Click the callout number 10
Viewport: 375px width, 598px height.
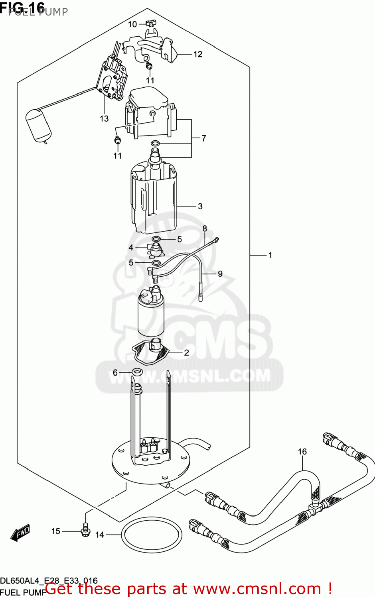[x=132, y=24]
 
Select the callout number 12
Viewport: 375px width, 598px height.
[x=198, y=54]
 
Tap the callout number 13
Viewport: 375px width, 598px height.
[x=104, y=118]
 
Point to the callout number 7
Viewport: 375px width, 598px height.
[x=204, y=138]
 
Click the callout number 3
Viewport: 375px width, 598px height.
[x=200, y=206]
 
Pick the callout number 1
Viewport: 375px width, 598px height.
[x=270, y=255]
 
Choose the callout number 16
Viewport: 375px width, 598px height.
[x=302, y=451]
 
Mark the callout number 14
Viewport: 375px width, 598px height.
[x=100, y=535]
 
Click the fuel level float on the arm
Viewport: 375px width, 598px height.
[x=38, y=125]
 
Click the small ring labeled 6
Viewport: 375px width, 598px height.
[x=136, y=372]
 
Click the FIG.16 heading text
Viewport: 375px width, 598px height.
[x=23, y=8]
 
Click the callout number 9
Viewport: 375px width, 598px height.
[x=220, y=274]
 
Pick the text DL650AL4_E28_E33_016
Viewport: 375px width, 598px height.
[x=49, y=581]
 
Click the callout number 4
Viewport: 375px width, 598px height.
[x=131, y=248]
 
